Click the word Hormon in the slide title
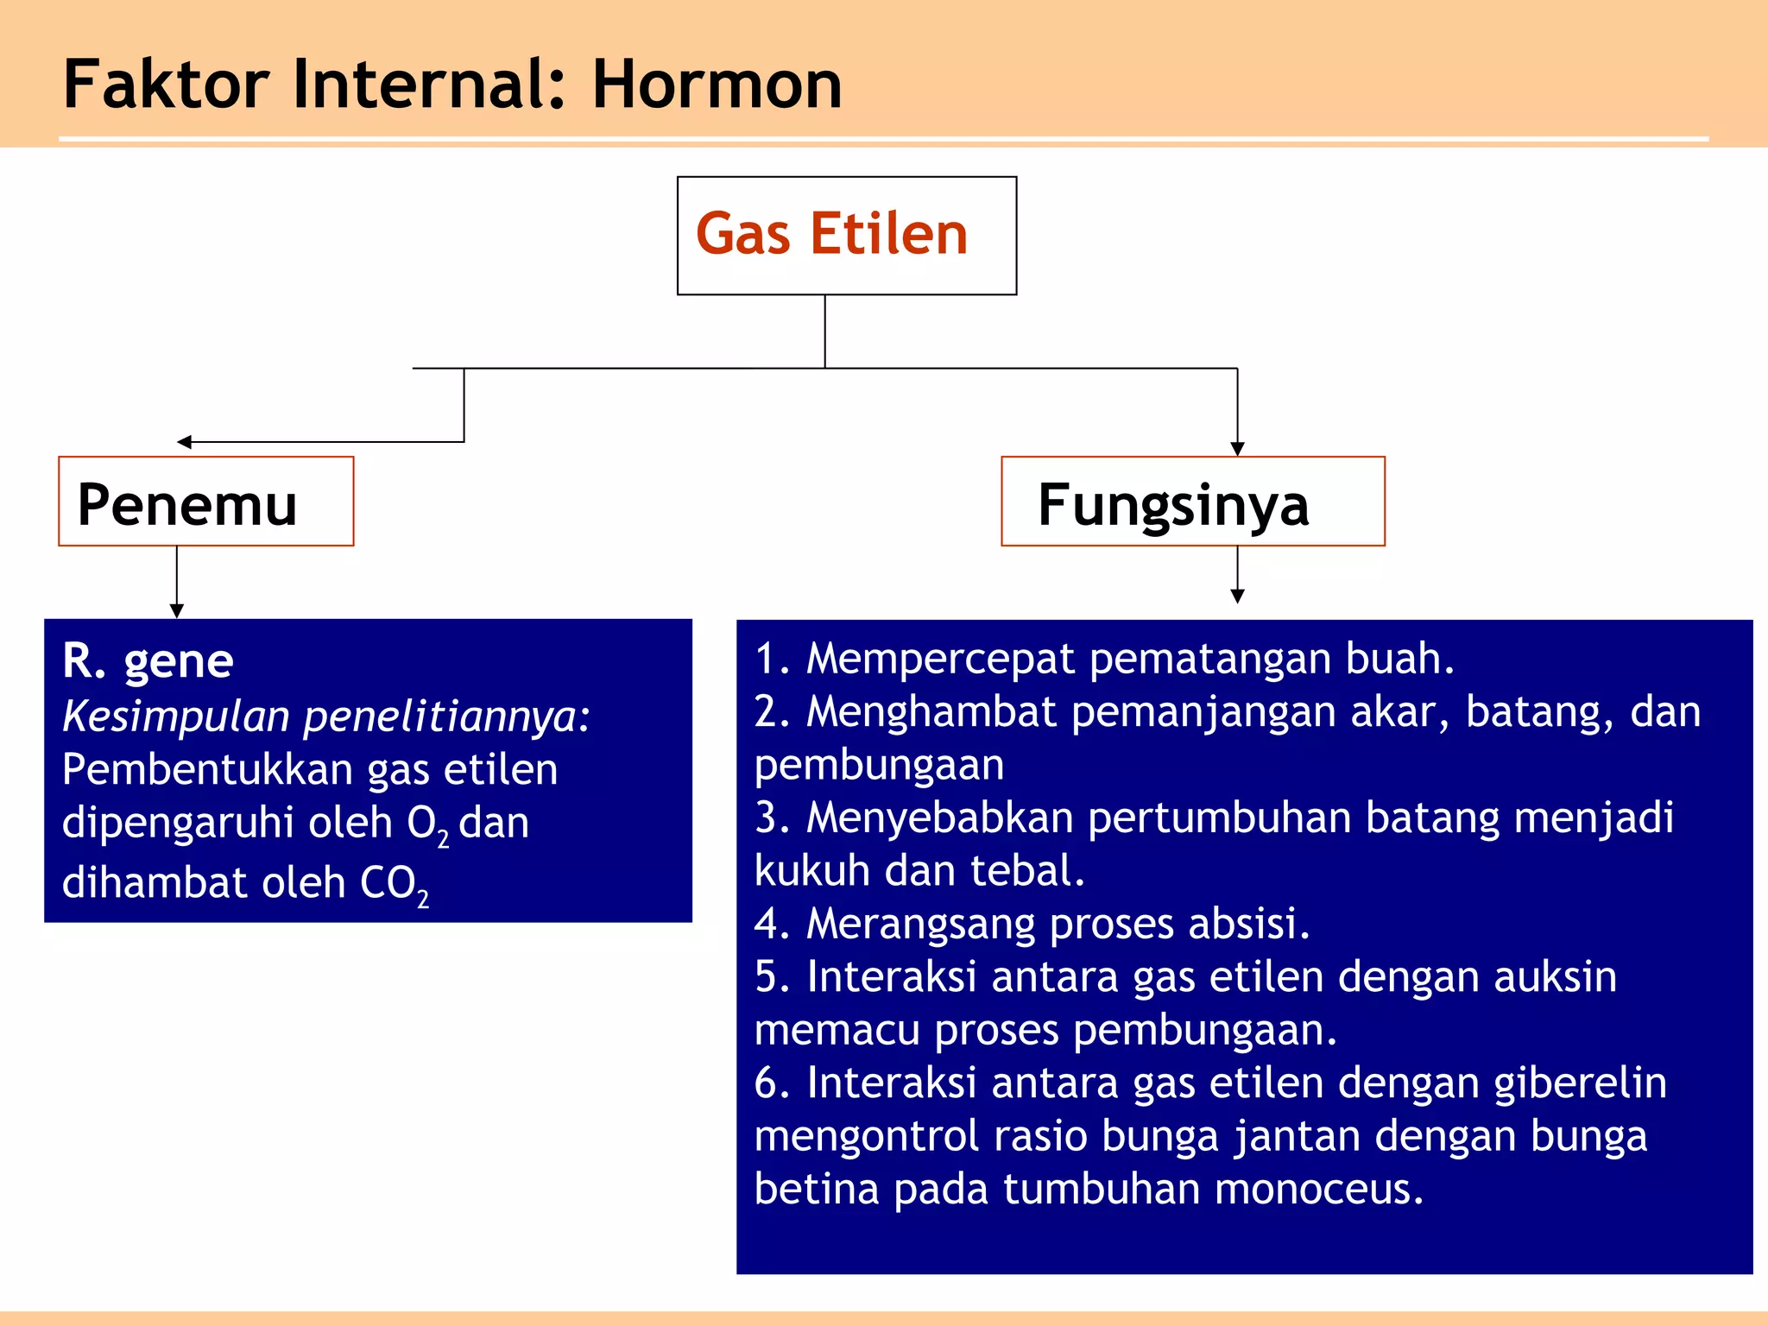pyautogui.click(x=716, y=85)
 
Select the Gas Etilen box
pyautogui.click(x=846, y=235)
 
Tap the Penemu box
pyautogui.click(x=205, y=502)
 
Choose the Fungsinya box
pyautogui.click(x=1192, y=502)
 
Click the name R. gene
pyautogui.click(x=148, y=661)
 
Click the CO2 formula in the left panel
pyautogui.click(x=394, y=885)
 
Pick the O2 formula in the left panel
pyautogui.click(x=427, y=824)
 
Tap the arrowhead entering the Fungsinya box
pyautogui.click(x=1237, y=449)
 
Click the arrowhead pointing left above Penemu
pyautogui.click(x=184, y=442)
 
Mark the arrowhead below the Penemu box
pyautogui.click(x=177, y=610)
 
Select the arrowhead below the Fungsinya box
pyautogui.click(x=1237, y=596)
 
